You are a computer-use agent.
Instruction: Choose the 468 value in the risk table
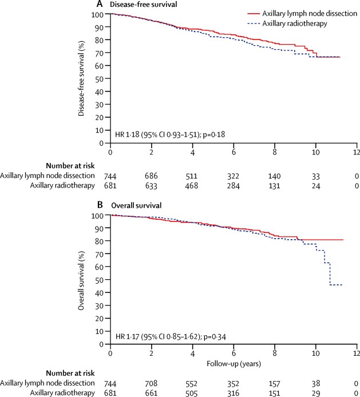[x=192, y=186]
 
